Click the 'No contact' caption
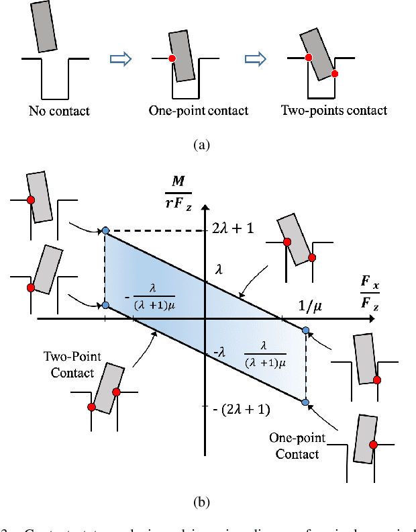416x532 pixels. pos(59,111)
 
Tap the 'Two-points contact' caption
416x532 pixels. pos(333,111)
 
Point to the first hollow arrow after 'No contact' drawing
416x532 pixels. pos(119,60)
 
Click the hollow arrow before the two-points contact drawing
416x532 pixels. pos(254,60)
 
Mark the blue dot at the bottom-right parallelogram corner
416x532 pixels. pos(305,402)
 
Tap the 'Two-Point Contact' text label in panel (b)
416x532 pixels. pos(72,364)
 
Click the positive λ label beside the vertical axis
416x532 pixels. pos(217,269)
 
